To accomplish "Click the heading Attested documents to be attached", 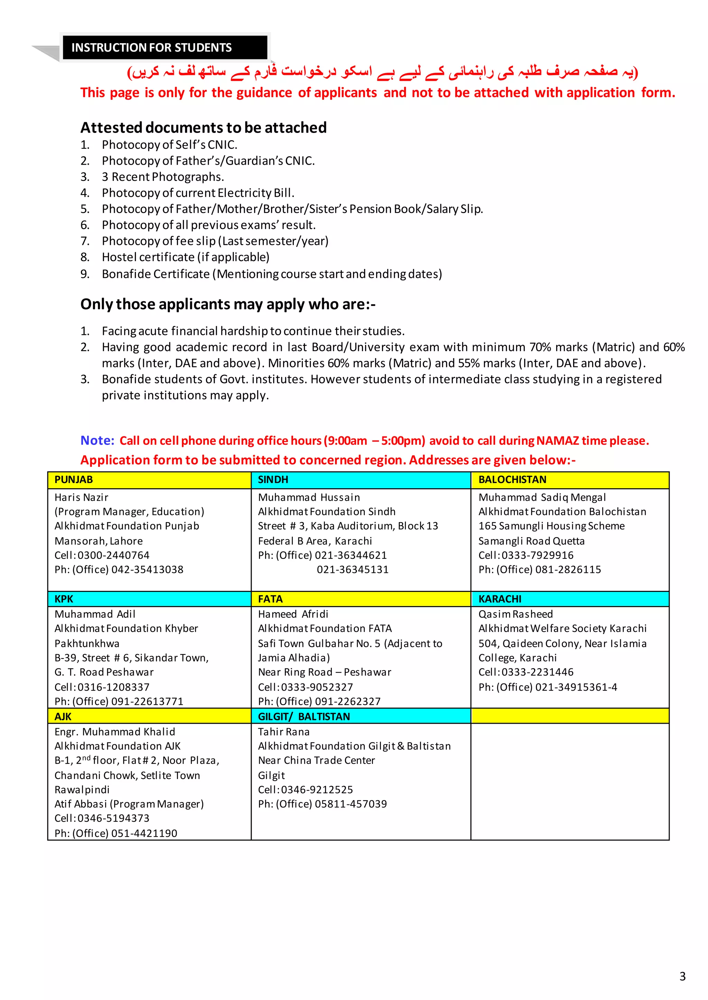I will (x=203, y=128).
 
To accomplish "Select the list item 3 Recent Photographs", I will (x=162, y=177).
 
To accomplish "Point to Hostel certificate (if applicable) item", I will (x=185, y=257).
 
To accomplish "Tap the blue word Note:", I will (x=97, y=440).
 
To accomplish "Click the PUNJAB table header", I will (x=74, y=480).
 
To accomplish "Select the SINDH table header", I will (x=273, y=480).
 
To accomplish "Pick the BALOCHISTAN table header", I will (x=512, y=480).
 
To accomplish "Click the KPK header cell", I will (x=64, y=599).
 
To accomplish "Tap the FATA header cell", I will (x=270, y=599).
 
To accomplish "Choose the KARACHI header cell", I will (x=500, y=599).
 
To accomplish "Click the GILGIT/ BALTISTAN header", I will (x=304, y=717).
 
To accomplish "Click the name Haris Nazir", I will (x=81, y=497).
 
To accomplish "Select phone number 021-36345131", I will (x=352, y=570).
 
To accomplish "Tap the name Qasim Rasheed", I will (x=515, y=614).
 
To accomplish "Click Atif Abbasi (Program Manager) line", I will (x=129, y=804).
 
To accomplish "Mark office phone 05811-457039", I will (x=351, y=804).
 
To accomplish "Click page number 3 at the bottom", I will (x=682, y=976).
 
